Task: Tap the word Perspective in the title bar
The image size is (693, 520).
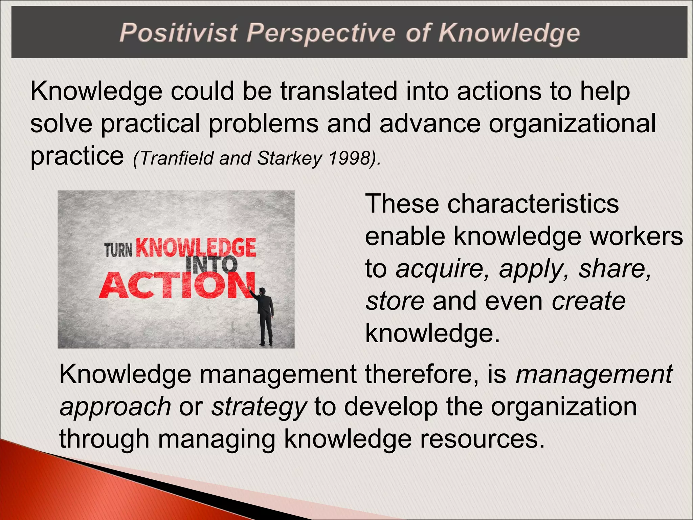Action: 320,34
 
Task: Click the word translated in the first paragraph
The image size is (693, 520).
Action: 339,91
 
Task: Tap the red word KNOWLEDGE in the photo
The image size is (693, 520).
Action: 196,248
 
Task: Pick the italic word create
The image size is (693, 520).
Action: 588,301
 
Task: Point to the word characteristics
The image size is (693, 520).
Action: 533,204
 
